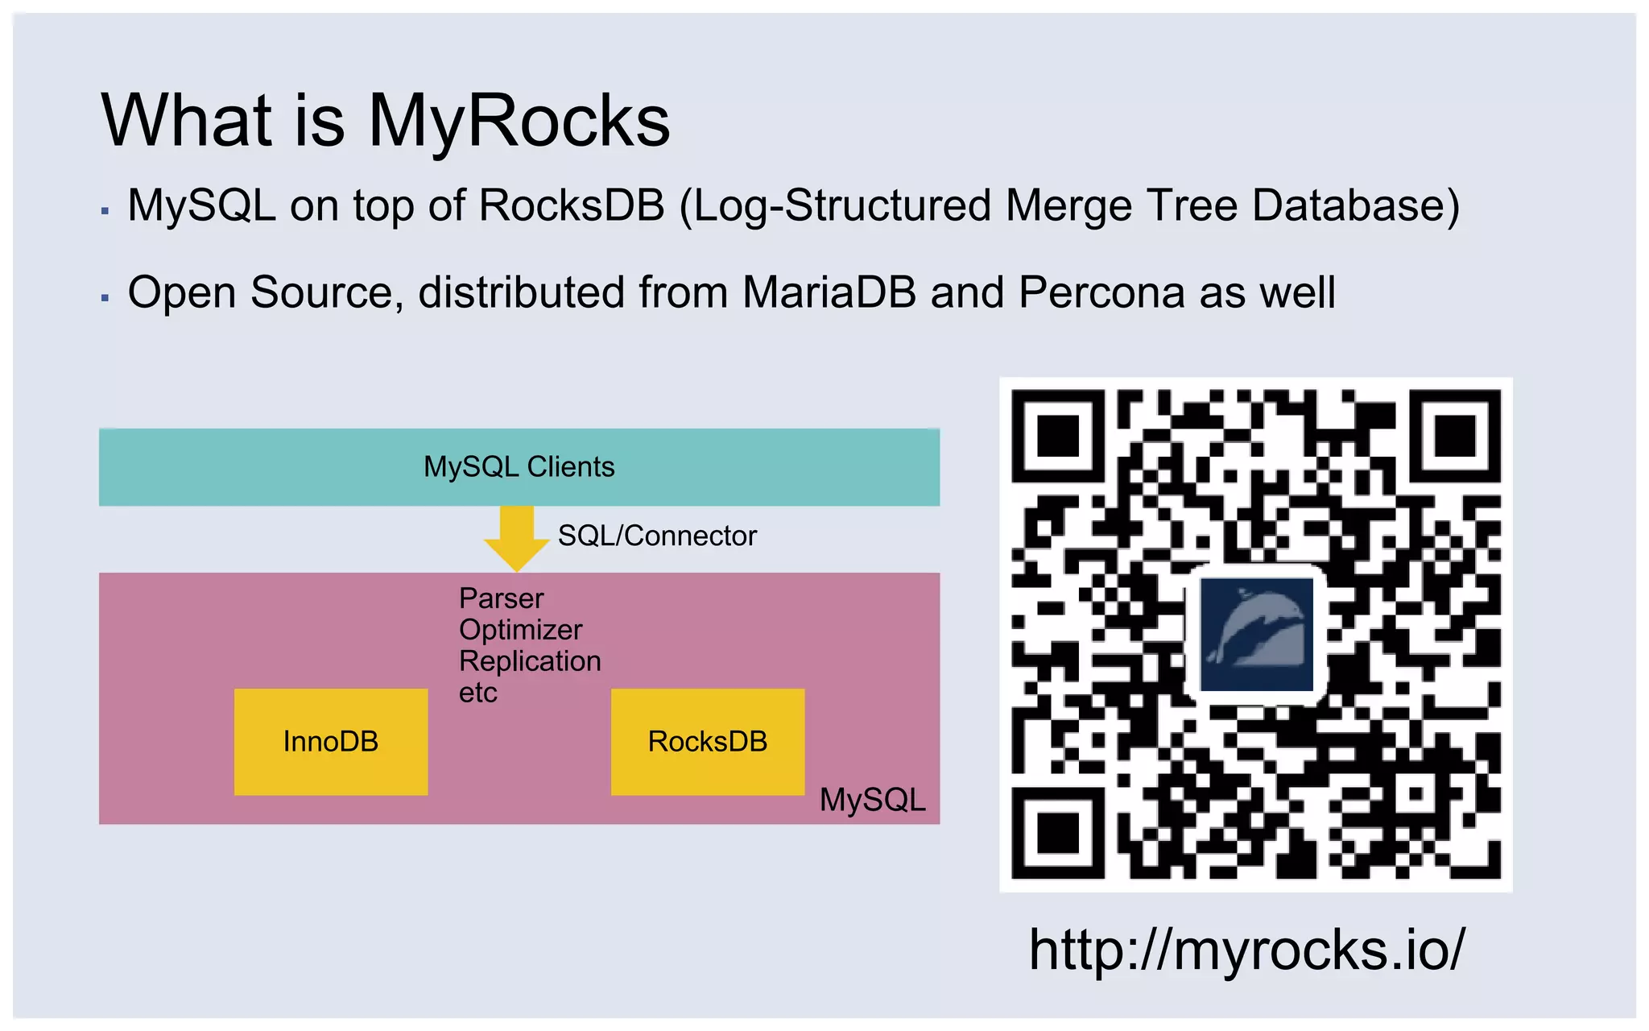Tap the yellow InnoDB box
coord(331,742)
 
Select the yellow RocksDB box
coord(708,742)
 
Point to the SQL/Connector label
coord(657,536)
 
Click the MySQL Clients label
coord(519,467)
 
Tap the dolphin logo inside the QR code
coord(1255,634)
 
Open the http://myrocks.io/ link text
coord(1247,950)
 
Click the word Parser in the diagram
coord(501,598)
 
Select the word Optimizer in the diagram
coord(520,630)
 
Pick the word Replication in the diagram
coord(530,661)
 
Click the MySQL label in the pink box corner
coord(873,800)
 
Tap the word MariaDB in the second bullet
coord(829,292)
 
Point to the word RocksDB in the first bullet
coord(572,205)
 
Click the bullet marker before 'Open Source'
coord(105,298)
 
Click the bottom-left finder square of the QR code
coord(1058,832)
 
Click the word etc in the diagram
coord(478,693)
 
